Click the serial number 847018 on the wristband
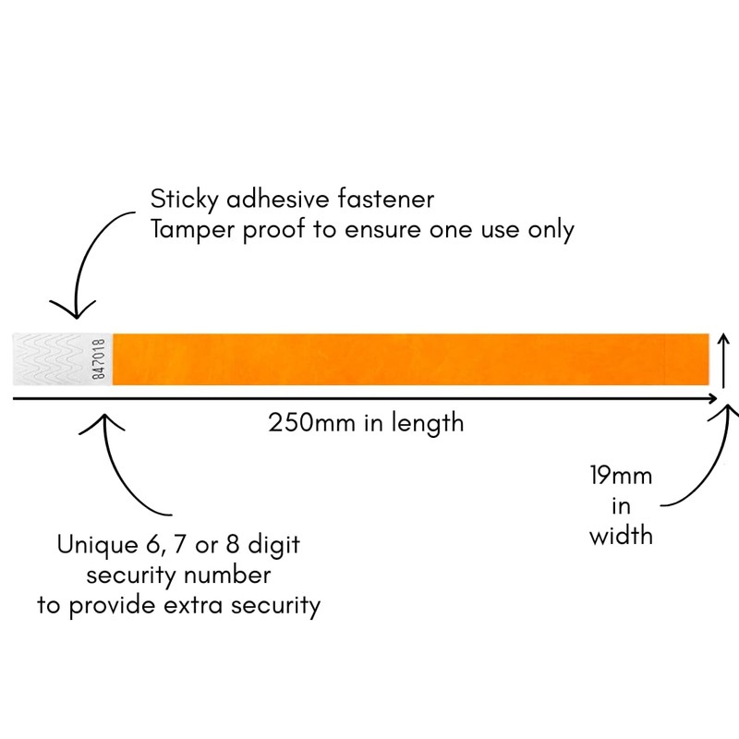pyautogui.click(x=99, y=359)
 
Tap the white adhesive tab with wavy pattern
pyautogui.click(x=62, y=359)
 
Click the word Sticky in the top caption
pyautogui.click(x=184, y=200)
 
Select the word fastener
pyautogui.click(x=385, y=199)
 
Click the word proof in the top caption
pyautogui.click(x=273, y=230)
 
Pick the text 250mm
pyautogui.click(x=311, y=423)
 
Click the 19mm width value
pyautogui.click(x=621, y=476)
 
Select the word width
pyautogui.click(x=621, y=536)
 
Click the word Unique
pyautogui.click(x=98, y=545)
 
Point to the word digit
pyautogui.click(x=273, y=545)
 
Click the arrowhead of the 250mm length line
pyautogui.click(x=711, y=399)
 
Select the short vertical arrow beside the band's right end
pyautogui.click(x=724, y=361)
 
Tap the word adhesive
pyautogui.click(x=278, y=199)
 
